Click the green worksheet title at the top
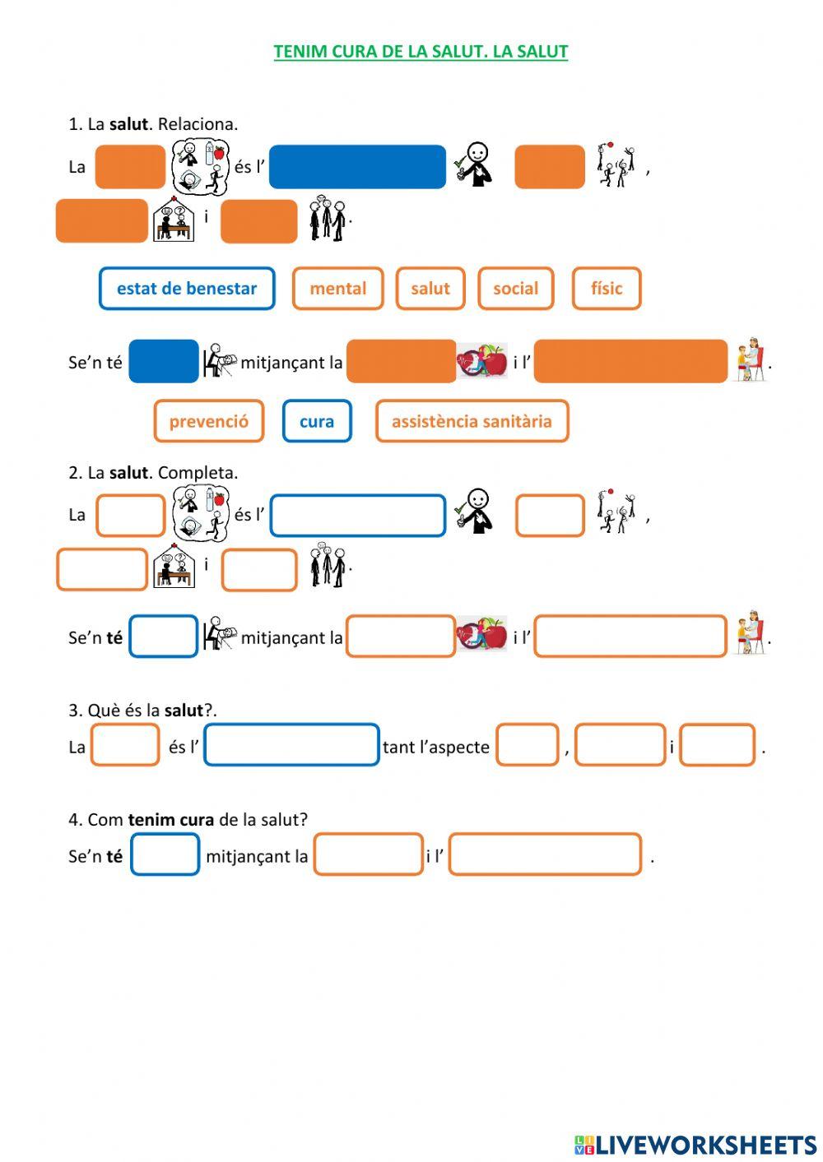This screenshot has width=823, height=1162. [x=421, y=52]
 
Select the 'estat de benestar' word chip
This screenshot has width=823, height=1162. [x=187, y=289]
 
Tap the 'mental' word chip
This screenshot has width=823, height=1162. [x=337, y=289]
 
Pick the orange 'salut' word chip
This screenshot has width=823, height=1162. [x=430, y=289]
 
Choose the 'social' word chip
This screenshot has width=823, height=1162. [x=515, y=289]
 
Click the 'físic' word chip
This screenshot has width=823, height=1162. [x=607, y=289]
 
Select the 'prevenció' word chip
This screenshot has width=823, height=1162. [x=209, y=421]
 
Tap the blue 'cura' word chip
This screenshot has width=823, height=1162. [x=317, y=421]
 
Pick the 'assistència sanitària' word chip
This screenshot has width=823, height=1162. [x=472, y=421]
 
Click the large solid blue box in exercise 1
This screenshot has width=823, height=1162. [x=357, y=167]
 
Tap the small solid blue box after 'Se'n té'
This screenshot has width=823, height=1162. [x=164, y=361]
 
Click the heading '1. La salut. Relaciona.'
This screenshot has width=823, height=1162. [x=153, y=124]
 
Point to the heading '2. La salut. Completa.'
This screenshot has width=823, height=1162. [x=153, y=473]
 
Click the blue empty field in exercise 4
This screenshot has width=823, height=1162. [x=165, y=854]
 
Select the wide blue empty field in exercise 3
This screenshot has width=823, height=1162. [x=291, y=745]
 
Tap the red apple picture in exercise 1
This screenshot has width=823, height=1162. [x=482, y=360]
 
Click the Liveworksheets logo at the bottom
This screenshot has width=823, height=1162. [x=695, y=1144]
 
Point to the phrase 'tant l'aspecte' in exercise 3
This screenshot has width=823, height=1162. [x=436, y=748]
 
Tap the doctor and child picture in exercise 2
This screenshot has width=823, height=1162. [x=751, y=634]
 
